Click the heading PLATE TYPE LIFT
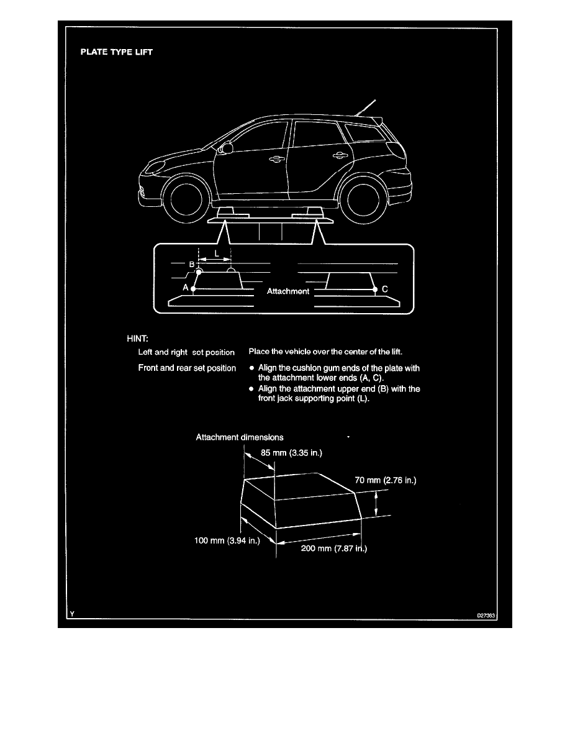pos(117,52)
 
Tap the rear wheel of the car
pos(363,199)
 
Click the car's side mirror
pos(226,148)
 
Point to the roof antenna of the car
pos(366,107)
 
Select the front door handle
pos(276,159)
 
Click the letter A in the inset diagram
pos(185,287)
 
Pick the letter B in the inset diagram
pos(191,265)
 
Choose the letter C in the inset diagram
pos(385,289)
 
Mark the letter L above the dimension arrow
pos(217,253)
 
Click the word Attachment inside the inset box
pos(288,291)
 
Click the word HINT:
pos(137,339)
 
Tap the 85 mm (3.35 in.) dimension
pos(292,453)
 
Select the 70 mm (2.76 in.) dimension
pos(386,480)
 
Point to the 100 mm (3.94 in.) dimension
pos(227,540)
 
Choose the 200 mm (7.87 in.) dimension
pos(334,549)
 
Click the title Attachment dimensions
pos(240,437)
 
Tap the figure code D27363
pos(486,615)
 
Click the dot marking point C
pos(375,289)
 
